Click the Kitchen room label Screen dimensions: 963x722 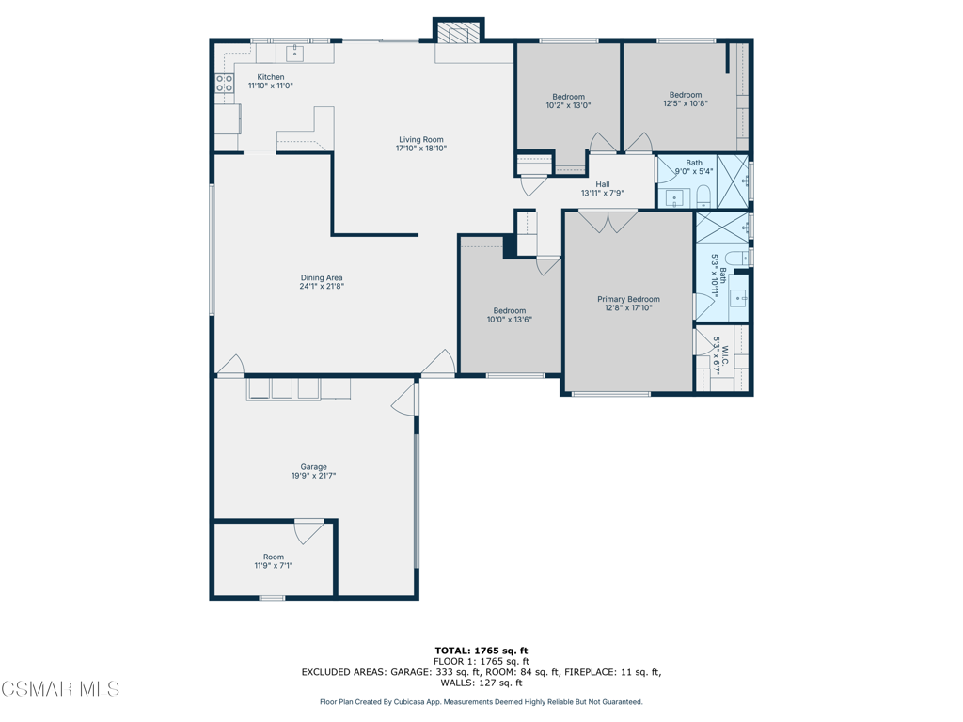[271, 77]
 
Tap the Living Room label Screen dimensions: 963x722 [421, 139]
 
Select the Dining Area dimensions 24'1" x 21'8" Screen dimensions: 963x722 [322, 286]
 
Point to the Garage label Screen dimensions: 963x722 [314, 466]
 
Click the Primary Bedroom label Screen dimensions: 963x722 [629, 299]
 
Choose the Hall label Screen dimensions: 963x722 [603, 184]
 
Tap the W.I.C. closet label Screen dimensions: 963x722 [725, 353]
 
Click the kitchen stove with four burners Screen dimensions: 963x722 [224, 84]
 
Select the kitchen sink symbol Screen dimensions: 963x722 [295, 54]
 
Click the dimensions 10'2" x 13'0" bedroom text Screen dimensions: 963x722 [569, 105]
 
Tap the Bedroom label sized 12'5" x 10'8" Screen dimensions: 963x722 [686, 95]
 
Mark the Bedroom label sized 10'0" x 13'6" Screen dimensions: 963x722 [510, 310]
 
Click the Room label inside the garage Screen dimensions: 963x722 [274, 557]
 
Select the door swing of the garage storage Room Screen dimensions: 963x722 [308, 532]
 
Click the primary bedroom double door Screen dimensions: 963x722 [608, 222]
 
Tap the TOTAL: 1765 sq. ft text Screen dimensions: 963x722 [481, 651]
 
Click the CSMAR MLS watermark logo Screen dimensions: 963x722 [60, 689]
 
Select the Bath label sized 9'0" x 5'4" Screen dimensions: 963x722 [694, 163]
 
